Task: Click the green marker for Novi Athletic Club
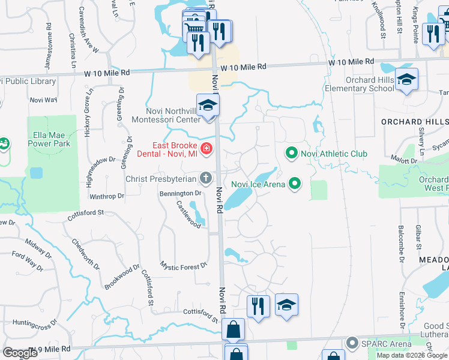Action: (x=292, y=154)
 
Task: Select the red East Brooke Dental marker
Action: (x=206, y=148)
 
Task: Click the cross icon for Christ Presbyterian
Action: (x=206, y=178)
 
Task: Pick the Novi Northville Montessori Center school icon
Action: (x=208, y=106)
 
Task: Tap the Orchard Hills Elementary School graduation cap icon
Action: (x=406, y=80)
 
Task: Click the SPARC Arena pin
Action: (x=352, y=343)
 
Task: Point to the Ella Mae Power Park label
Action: (x=49, y=139)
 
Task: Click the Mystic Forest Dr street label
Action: (x=184, y=265)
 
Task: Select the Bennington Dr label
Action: (x=181, y=193)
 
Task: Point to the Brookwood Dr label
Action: (x=123, y=275)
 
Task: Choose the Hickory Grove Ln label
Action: (x=88, y=113)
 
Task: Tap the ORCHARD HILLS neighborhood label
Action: (x=415, y=121)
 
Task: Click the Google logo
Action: (x=19, y=353)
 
